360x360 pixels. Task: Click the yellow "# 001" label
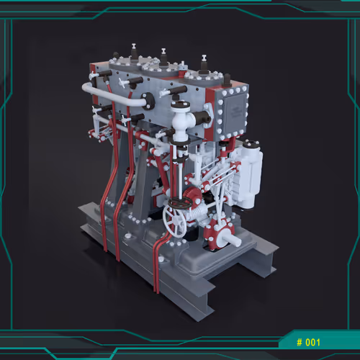click(308, 342)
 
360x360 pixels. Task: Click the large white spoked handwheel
click(174, 221)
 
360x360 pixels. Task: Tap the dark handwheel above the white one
click(180, 203)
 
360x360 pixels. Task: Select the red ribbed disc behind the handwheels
click(193, 195)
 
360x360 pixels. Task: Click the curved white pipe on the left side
click(113, 95)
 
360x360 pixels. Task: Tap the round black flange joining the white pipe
click(148, 101)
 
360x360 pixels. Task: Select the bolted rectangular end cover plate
click(233, 113)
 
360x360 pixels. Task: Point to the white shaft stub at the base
click(231, 240)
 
